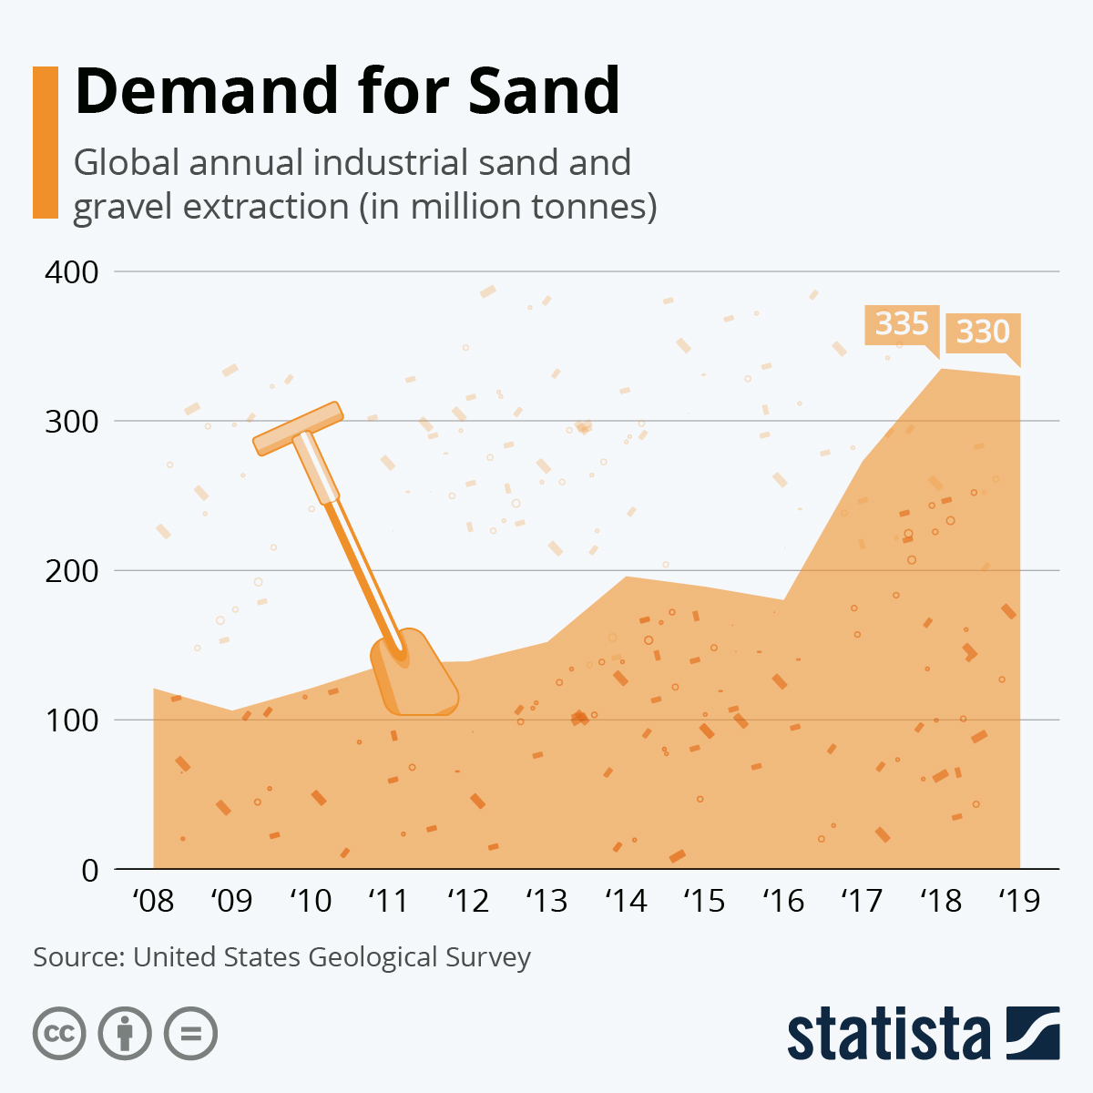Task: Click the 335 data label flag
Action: [x=901, y=324]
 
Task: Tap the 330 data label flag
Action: [x=983, y=332]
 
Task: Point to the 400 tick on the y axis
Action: [x=71, y=272]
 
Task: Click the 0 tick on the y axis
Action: [x=88, y=871]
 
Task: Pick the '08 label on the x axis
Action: [x=153, y=902]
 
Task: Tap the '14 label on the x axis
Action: [x=626, y=902]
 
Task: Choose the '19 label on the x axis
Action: [x=1019, y=902]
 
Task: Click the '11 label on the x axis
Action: [x=389, y=902]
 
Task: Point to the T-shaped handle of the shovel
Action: [x=297, y=428]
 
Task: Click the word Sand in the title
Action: [x=544, y=91]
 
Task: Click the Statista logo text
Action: [x=889, y=1035]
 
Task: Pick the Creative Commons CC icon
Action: [x=59, y=1034]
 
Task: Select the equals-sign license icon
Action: [x=190, y=1034]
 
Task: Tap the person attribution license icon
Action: [x=125, y=1034]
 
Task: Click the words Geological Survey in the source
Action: [x=419, y=957]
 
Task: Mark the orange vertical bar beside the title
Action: [x=45, y=142]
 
